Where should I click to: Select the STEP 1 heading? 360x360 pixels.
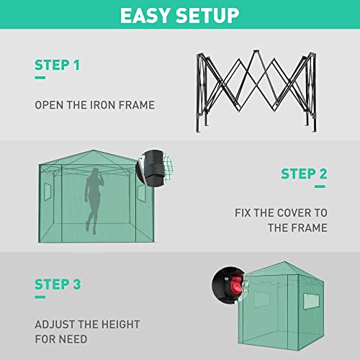pos(57,66)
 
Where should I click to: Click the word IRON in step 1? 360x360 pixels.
pos(97,105)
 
